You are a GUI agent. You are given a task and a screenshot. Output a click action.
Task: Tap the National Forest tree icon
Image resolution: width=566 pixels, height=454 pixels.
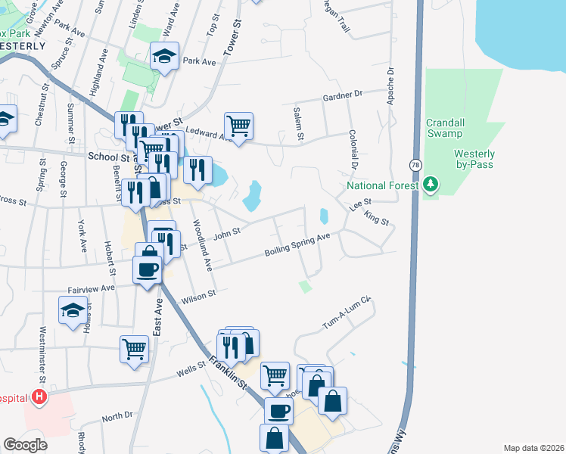pyautogui.click(x=431, y=185)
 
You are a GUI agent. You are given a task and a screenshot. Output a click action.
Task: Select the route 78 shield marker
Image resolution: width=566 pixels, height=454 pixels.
pyautogui.click(x=415, y=164)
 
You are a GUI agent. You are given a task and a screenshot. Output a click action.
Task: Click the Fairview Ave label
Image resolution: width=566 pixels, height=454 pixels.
pyautogui.click(x=91, y=288)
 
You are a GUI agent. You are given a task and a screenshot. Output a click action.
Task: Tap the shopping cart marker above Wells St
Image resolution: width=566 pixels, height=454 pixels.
pyautogui.click(x=134, y=349)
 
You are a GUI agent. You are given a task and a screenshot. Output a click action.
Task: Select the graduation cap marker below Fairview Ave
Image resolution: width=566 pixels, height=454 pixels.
pyautogui.click(x=73, y=310)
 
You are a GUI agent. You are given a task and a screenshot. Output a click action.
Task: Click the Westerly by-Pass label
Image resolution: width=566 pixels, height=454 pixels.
pyautogui.click(x=474, y=159)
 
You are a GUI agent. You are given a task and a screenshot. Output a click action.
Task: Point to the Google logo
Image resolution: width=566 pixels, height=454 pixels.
pyautogui.click(x=25, y=444)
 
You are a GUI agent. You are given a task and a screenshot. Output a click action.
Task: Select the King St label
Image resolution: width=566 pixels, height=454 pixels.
pyautogui.click(x=375, y=219)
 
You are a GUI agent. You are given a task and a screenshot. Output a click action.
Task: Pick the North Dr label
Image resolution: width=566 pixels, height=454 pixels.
pyautogui.click(x=117, y=417)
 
